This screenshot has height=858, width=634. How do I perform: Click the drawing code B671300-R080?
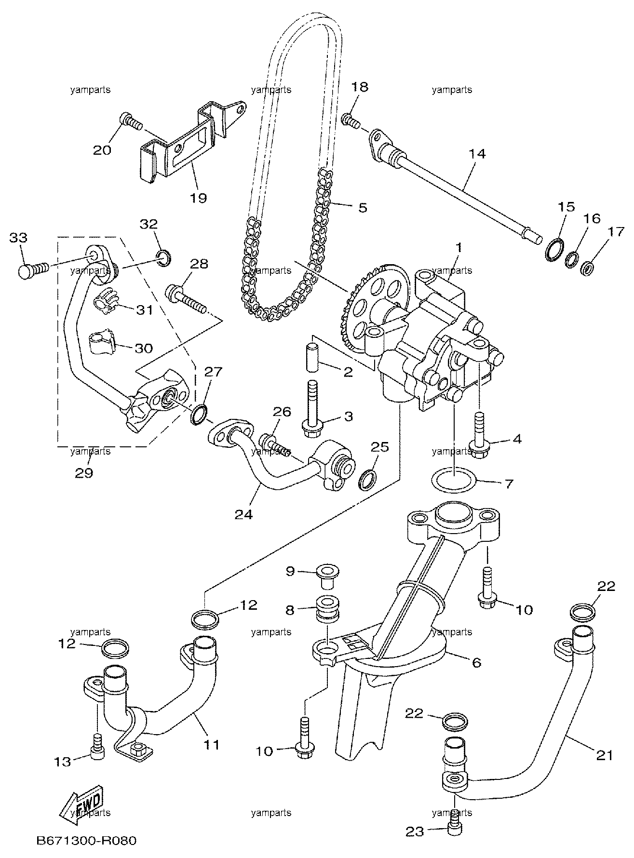(x=86, y=840)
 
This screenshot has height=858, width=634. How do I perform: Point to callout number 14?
(x=477, y=154)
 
